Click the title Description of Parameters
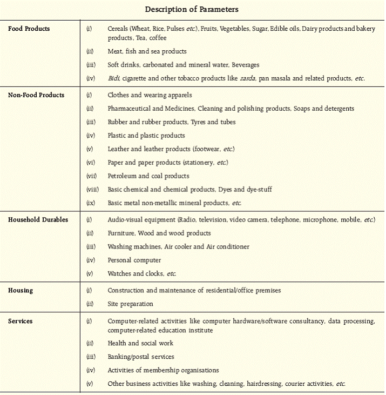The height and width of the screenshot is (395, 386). tap(192, 9)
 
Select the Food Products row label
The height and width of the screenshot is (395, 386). tap(29, 29)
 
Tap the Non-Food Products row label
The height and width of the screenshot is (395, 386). tap(36, 95)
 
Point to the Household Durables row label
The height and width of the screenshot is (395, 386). tap(38, 220)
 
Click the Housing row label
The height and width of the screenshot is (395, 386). tap(21, 290)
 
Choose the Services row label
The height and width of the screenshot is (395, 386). tap(21, 321)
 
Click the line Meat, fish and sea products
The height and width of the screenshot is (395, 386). tap(147, 51)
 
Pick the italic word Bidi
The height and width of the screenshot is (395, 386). tap(114, 78)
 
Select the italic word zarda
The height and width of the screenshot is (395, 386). tap(248, 78)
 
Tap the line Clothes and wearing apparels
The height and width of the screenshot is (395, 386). tap(150, 95)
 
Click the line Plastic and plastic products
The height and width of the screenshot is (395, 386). tap(146, 136)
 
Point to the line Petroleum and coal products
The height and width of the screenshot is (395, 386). tap(148, 176)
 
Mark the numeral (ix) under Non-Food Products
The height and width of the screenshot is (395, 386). tap(91, 203)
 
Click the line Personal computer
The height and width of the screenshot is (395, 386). tap(134, 260)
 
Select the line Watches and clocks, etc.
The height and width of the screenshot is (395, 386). tap(141, 274)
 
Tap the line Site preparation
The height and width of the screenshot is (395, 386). tap(130, 304)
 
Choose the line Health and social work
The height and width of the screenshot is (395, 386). tap(140, 343)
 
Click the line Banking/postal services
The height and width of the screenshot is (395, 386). tap(141, 357)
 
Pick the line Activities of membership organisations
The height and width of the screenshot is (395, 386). tap(163, 370)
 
